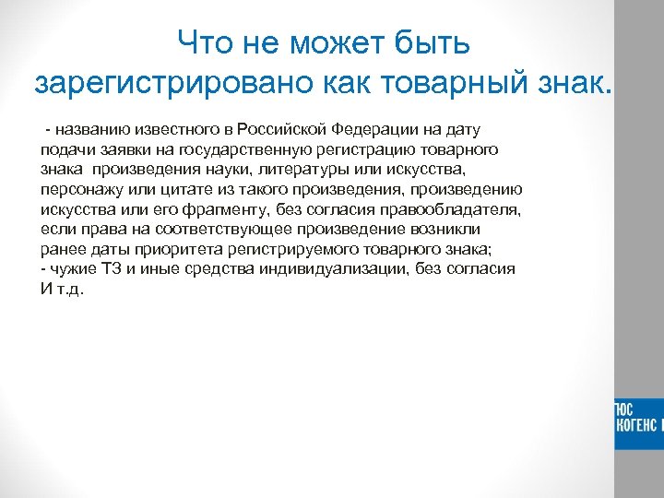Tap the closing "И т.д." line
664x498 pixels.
(62, 290)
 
